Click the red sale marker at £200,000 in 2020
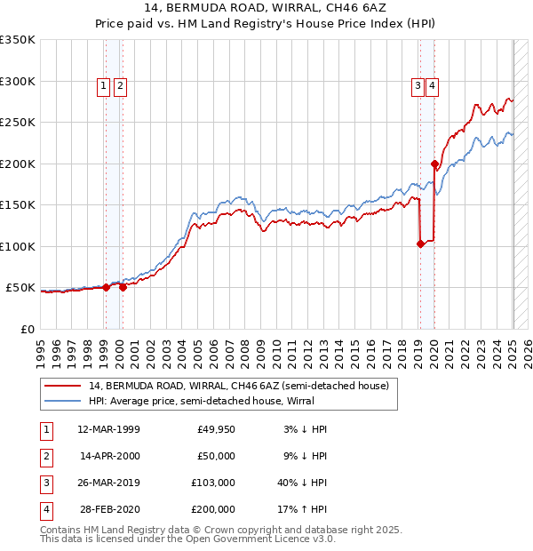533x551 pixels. (434, 164)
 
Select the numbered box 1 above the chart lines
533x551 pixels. (104, 86)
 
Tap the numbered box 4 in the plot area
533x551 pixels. (432, 86)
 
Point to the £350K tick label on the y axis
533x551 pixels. (18, 40)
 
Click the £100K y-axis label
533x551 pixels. (18, 246)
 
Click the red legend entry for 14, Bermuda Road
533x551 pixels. (238, 387)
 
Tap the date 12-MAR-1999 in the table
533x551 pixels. (109, 429)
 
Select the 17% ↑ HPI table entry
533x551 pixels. (301, 509)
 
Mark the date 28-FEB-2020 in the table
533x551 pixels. (109, 509)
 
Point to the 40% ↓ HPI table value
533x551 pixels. (301, 483)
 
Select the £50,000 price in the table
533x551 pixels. (216, 456)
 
